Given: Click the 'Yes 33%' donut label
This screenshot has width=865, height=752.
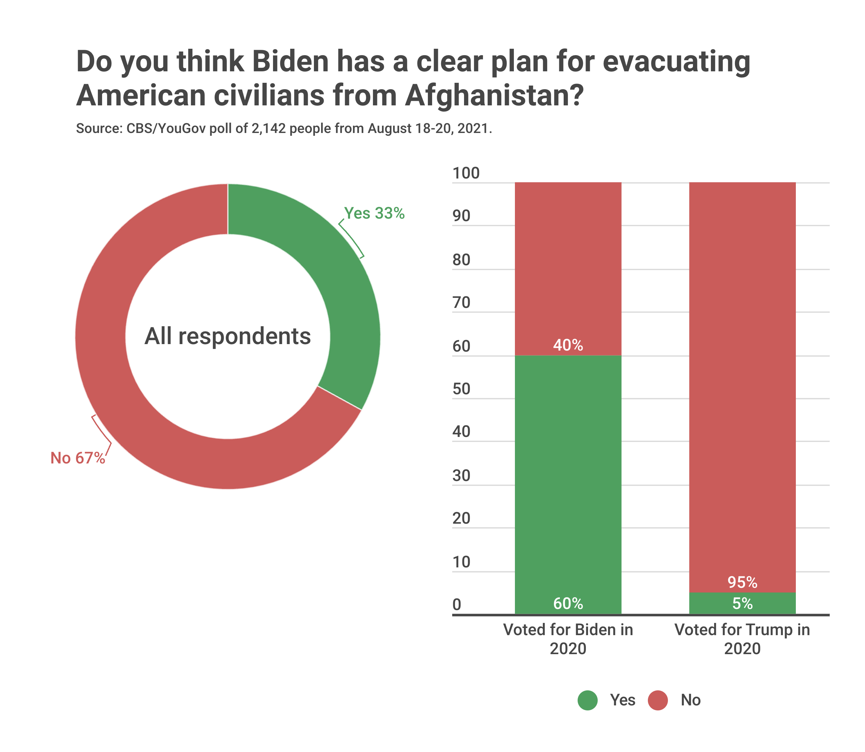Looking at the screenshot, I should coord(374,213).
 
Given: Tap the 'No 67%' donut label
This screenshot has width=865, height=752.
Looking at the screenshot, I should coord(78,458).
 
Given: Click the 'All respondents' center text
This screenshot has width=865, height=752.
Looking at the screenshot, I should coord(228,336).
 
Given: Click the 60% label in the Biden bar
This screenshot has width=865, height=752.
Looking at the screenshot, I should coord(568,604).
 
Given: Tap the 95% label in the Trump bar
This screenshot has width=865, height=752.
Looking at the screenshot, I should coord(742,582).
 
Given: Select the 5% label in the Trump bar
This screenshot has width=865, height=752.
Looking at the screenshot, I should coord(742,604).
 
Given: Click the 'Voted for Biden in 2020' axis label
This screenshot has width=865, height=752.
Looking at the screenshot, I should coord(568,639).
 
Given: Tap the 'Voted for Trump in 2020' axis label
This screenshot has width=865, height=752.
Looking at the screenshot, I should coord(742,639).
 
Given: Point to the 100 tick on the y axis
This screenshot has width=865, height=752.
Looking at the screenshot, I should coord(465,173).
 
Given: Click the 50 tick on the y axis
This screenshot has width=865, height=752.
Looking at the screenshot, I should coord(462,389).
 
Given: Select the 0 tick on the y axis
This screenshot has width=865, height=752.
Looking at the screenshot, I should coord(457,605).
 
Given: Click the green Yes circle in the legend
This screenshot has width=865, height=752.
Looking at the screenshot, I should coord(587,700).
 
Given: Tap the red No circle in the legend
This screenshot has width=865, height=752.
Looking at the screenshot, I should coord(658,700).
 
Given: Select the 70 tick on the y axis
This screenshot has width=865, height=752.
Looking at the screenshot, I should coord(462,303).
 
